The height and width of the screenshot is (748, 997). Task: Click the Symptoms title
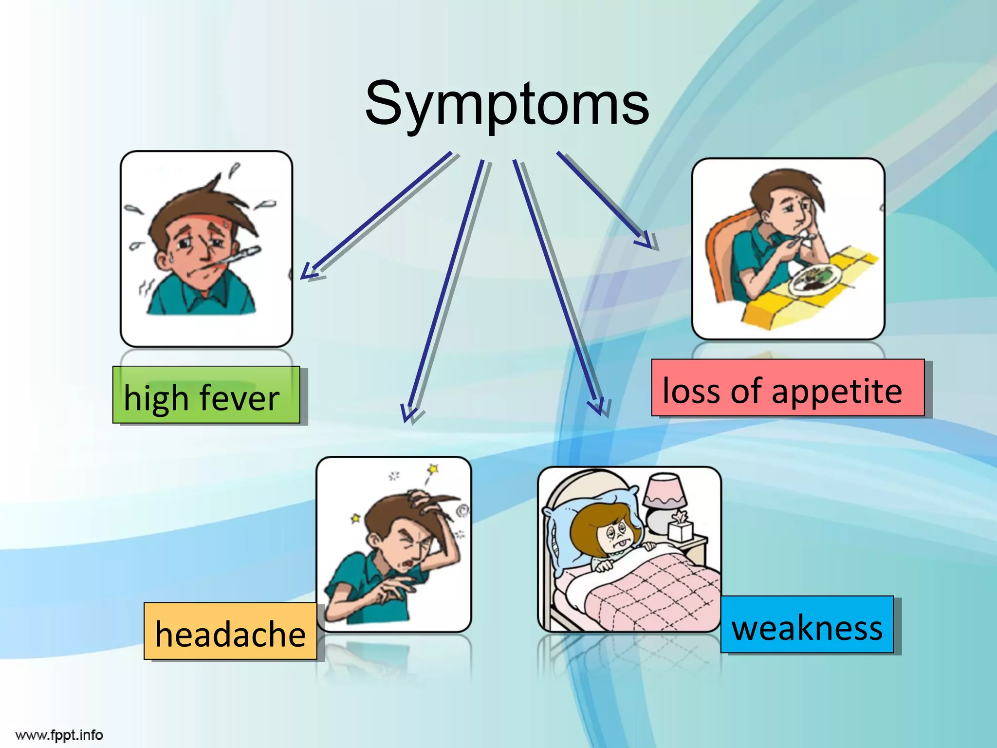click(x=507, y=104)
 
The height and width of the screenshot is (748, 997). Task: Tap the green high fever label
click(x=206, y=395)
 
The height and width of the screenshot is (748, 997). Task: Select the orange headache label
click(x=230, y=632)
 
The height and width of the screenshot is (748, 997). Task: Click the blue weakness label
click(x=807, y=625)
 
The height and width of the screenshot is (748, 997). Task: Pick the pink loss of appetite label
click(x=788, y=388)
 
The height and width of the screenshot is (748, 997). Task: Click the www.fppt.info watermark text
click(x=59, y=735)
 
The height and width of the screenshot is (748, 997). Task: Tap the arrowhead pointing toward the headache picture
click(x=408, y=412)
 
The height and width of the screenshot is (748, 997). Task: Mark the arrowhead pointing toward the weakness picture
click(x=599, y=407)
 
